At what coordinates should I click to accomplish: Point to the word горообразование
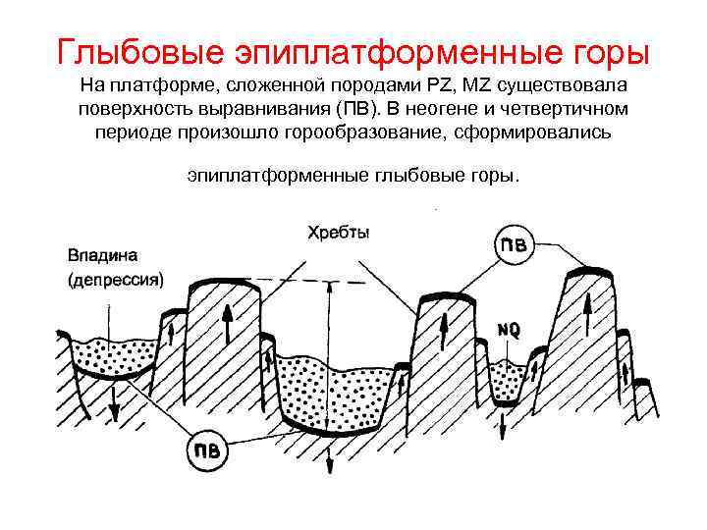click(x=363, y=131)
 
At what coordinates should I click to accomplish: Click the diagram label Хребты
click(x=340, y=233)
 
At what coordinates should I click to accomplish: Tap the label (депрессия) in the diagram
click(x=116, y=279)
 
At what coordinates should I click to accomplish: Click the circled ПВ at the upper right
click(x=514, y=245)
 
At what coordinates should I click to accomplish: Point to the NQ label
click(x=509, y=331)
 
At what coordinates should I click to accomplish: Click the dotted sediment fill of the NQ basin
click(x=506, y=378)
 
